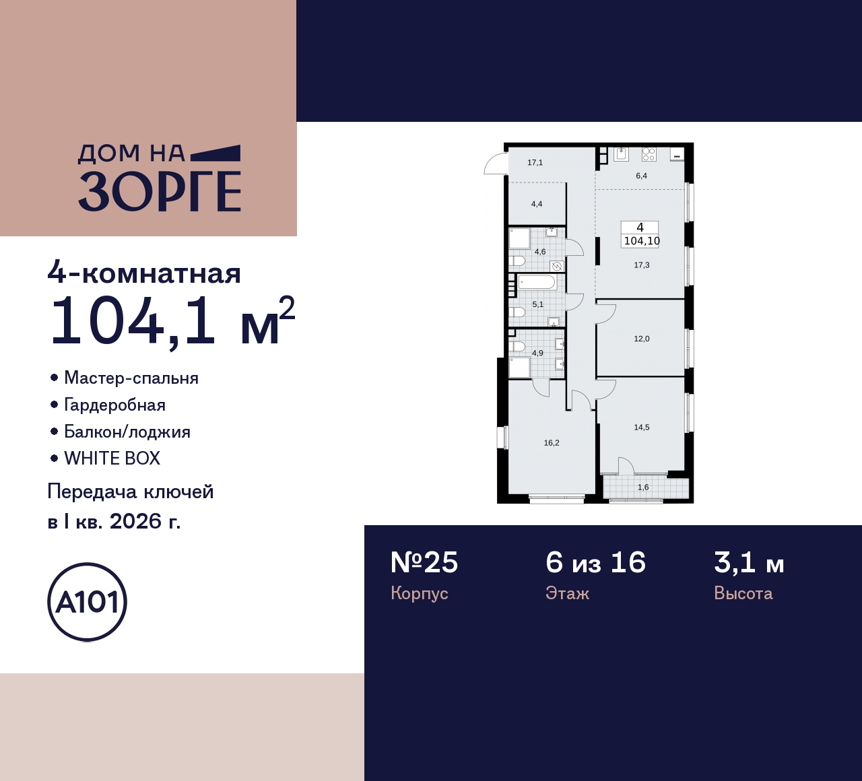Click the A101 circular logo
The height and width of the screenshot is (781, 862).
[87, 602]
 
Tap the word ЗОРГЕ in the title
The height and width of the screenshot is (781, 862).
[160, 192]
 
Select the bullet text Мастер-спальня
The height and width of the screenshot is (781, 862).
[131, 378]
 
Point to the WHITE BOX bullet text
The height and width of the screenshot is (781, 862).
[112, 459]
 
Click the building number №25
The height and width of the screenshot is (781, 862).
[424, 563]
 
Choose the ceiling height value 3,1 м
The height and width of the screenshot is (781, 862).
[749, 563]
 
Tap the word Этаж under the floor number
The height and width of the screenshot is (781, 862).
[567, 593]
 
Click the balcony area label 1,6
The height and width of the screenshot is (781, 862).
[643, 487]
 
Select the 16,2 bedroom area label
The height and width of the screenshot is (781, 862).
[552, 443]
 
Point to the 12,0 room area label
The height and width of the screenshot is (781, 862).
[642, 339]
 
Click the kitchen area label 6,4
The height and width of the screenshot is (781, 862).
[641, 176]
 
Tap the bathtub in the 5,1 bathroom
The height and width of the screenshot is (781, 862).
[537, 282]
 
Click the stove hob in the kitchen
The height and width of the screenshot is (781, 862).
[649, 154]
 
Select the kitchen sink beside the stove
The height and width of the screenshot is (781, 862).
[621, 154]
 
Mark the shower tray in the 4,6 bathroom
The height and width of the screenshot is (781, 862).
[519, 238]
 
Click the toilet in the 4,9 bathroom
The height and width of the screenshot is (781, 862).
[517, 347]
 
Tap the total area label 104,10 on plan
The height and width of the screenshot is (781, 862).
[642, 241]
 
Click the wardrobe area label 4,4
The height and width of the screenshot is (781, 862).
[537, 204]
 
